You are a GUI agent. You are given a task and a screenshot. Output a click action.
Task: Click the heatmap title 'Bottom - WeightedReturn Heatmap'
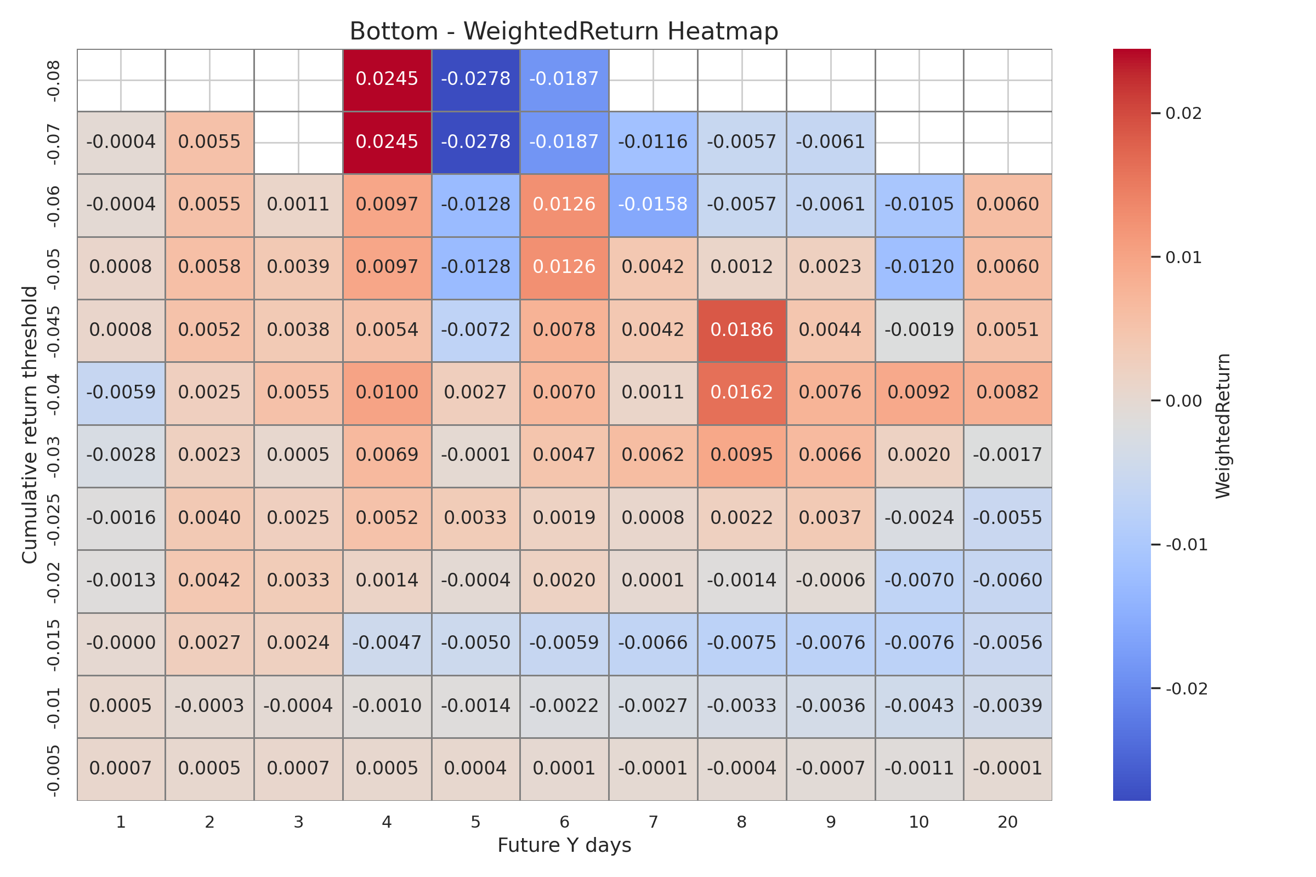pos(564,31)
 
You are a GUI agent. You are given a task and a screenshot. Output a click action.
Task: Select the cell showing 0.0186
pos(741,330)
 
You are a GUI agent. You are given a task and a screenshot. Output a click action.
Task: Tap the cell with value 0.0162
pos(741,392)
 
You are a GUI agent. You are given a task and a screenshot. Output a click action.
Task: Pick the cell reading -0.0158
pos(653,204)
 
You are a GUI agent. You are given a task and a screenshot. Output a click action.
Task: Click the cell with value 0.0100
pos(387,392)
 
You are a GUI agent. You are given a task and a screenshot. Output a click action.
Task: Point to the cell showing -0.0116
pos(653,142)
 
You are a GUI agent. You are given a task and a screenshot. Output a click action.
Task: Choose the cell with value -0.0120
pos(919,267)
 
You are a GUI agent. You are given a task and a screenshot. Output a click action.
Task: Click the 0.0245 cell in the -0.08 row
pos(387,79)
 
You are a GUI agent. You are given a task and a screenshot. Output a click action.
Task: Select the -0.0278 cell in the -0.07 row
pos(475,142)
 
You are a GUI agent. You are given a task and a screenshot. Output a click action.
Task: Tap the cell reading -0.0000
pos(121,643)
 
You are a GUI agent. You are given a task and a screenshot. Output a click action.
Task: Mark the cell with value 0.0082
pos(1008,392)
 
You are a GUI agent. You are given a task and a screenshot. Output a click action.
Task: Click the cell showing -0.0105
pos(919,204)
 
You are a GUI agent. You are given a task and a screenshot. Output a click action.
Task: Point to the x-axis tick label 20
pos(1008,822)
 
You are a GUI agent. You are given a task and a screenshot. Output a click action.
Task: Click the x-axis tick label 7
pos(653,822)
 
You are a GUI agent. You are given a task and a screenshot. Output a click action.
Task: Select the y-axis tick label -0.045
pos(53,331)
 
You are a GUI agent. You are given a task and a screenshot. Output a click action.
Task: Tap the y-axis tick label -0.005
pos(53,770)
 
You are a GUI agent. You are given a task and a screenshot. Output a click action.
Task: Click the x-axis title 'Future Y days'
pos(564,845)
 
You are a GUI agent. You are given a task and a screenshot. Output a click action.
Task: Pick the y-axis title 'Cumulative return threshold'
pos(29,425)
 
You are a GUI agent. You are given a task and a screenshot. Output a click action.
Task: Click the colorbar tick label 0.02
pos(1183,114)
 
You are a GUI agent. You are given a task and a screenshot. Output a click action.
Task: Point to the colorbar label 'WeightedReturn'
pos(1223,426)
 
